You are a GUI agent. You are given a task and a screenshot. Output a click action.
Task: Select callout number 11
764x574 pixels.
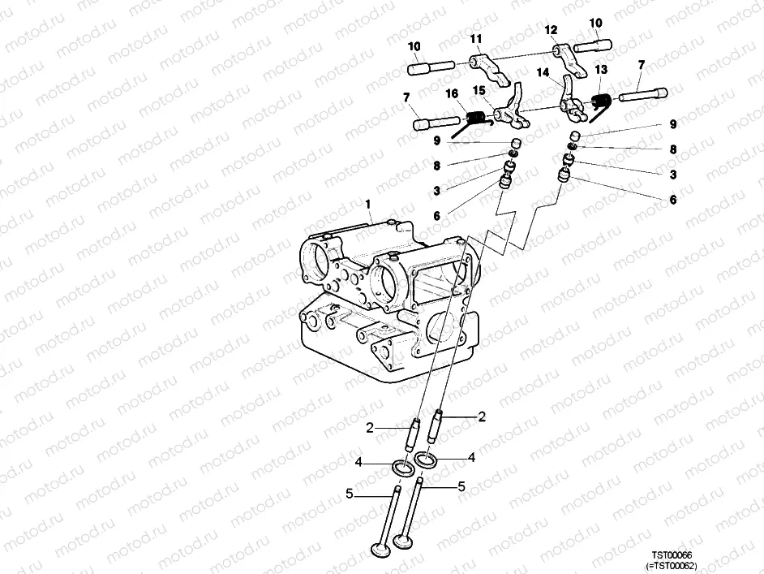point(476,39)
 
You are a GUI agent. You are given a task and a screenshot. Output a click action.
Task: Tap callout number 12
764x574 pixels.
point(551,30)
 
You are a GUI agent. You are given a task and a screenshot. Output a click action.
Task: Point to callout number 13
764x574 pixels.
point(600,70)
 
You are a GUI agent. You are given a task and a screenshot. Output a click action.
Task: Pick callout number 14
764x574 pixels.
point(543,72)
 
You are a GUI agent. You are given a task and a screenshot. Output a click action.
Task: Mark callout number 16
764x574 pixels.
point(451,94)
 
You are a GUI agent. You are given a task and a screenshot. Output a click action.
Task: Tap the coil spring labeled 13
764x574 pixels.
point(600,101)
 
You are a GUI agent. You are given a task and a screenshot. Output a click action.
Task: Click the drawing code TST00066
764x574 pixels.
point(671,555)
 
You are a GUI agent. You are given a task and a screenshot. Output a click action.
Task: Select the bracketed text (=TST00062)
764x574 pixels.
point(671,565)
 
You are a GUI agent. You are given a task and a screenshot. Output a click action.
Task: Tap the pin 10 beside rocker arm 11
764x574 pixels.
point(431,67)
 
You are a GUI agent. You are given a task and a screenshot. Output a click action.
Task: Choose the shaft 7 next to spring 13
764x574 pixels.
point(642,94)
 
